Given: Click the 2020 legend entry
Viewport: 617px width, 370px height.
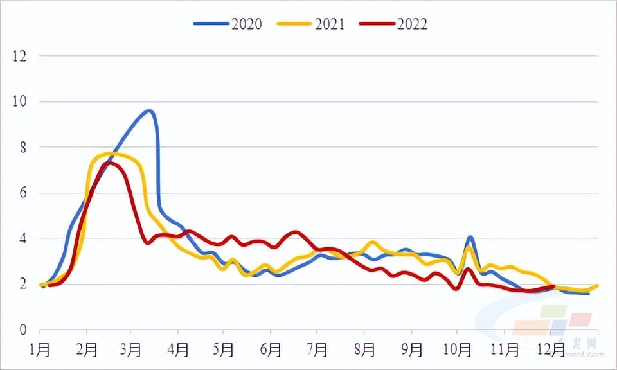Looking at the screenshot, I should pyautogui.click(x=228, y=24).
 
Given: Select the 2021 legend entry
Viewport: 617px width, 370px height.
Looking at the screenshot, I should pyautogui.click(x=311, y=24).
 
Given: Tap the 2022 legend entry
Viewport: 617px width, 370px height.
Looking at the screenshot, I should pyautogui.click(x=394, y=24).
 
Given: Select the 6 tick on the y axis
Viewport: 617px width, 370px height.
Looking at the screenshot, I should pyautogui.click(x=23, y=193).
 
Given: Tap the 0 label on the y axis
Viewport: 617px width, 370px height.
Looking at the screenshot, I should pyautogui.click(x=23, y=330).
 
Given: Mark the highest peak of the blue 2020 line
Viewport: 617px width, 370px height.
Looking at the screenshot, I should pyautogui.click(x=149, y=110).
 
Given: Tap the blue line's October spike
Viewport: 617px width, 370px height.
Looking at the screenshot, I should pyautogui.click(x=470, y=238).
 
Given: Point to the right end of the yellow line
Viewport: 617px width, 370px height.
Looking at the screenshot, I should pyautogui.click(x=598, y=285).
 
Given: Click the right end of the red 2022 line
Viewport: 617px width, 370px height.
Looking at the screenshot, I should pyautogui.click(x=553, y=286).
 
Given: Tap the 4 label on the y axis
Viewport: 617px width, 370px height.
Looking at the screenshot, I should pyautogui.click(x=23, y=238).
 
